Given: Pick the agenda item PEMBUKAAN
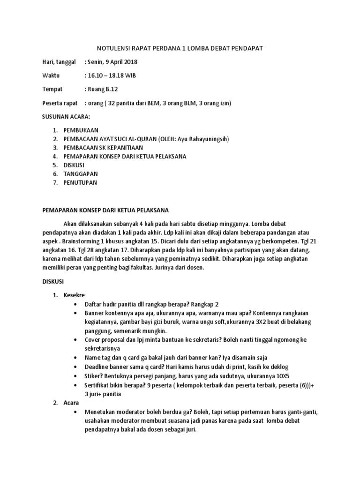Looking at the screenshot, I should [81, 130].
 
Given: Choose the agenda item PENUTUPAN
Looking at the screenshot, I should [80, 182].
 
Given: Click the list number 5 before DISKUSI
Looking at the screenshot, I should [55, 165].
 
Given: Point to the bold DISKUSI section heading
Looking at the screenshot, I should [56, 282].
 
